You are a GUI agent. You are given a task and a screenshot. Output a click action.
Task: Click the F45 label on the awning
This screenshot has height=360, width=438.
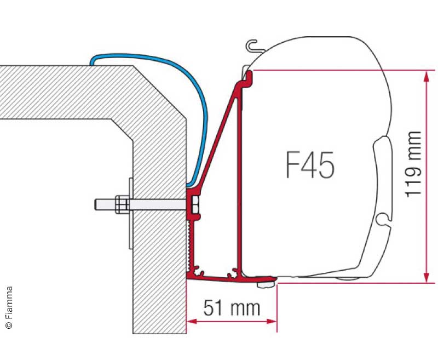click(310, 165)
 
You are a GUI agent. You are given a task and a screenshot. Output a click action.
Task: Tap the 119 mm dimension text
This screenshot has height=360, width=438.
click(413, 164)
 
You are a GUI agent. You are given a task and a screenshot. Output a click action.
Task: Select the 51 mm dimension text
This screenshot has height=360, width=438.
click(232, 308)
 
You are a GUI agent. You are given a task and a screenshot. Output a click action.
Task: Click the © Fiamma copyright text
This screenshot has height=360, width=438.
click(9, 307)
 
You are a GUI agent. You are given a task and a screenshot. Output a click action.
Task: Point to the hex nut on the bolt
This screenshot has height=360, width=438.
click(121, 204)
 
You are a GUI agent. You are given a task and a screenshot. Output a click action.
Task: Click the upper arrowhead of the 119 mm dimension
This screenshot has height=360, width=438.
click(427, 76)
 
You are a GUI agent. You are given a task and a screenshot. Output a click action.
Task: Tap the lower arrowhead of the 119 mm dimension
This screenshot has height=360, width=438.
click(427, 277)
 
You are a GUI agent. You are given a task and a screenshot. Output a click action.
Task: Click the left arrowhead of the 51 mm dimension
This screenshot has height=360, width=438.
click(192, 322)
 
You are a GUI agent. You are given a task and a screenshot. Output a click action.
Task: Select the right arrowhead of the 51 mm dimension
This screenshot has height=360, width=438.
click(272, 322)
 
